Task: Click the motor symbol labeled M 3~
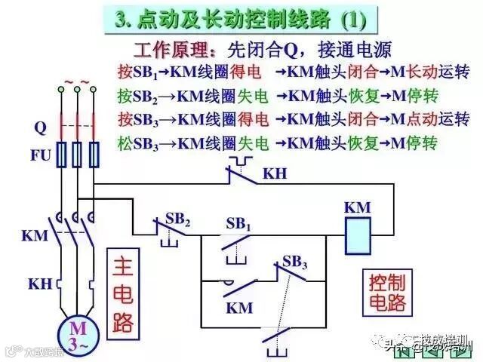point(78,332)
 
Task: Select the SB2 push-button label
point(178,219)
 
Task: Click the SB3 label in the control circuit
point(295,262)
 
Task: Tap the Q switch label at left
point(40,127)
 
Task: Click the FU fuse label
point(40,156)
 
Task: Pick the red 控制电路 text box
point(387,293)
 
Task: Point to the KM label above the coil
point(358,207)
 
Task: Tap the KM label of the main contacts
point(35,235)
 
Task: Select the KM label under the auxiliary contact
point(239,308)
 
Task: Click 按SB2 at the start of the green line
point(137,96)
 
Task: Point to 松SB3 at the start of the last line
point(137,141)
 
